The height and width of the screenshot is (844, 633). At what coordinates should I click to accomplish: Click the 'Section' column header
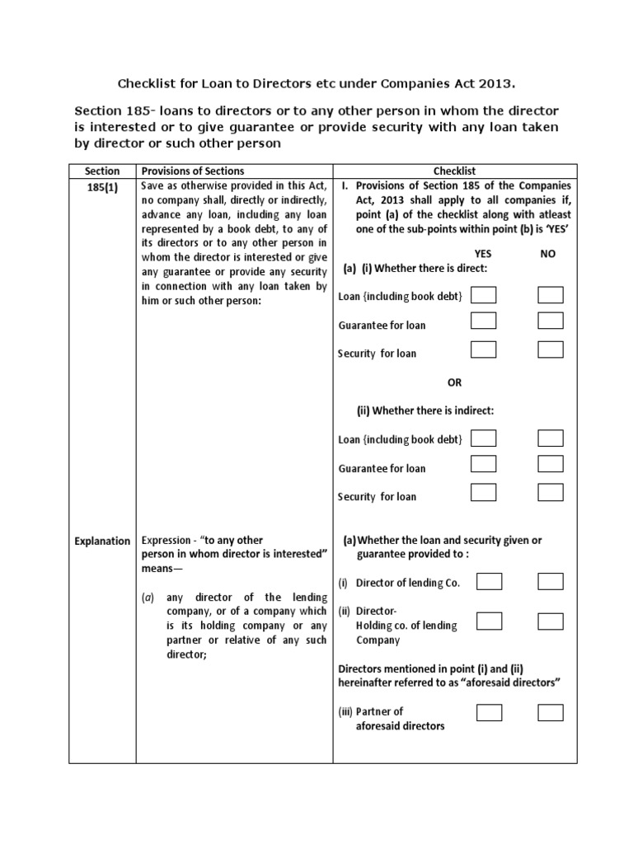click(x=102, y=171)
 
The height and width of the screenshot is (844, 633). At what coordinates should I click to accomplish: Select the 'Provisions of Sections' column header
click(x=193, y=171)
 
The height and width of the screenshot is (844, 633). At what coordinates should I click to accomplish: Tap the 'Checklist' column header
click(x=455, y=171)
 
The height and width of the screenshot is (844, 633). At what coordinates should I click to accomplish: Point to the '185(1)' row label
click(x=102, y=188)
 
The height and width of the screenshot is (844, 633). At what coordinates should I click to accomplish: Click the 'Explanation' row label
click(x=102, y=541)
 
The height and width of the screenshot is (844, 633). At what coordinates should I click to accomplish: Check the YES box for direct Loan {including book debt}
click(x=484, y=295)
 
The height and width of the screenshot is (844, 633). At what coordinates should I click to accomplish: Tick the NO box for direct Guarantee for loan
click(x=550, y=321)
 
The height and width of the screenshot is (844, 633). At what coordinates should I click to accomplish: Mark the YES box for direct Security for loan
click(x=484, y=349)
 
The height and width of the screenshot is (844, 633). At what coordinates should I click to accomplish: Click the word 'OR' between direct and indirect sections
click(x=454, y=382)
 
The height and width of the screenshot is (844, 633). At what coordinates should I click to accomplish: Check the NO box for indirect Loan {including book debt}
click(x=550, y=438)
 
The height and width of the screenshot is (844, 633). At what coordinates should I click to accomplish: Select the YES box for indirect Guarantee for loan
click(x=484, y=464)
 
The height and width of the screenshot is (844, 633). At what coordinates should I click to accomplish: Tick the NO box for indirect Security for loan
click(x=550, y=492)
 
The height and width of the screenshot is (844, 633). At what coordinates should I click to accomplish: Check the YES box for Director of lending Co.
click(x=490, y=582)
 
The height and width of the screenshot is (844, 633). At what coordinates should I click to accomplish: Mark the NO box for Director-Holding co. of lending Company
click(x=550, y=619)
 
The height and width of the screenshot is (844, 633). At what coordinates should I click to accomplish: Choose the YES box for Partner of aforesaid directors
click(x=490, y=712)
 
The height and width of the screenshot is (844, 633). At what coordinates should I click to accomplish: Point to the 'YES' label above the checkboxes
click(x=483, y=255)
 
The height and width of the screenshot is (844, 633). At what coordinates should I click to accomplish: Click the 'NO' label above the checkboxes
click(x=548, y=255)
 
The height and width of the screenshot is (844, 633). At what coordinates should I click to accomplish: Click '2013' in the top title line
click(x=495, y=83)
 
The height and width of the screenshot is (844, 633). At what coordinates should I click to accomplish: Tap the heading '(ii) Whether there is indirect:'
click(x=424, y=410)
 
